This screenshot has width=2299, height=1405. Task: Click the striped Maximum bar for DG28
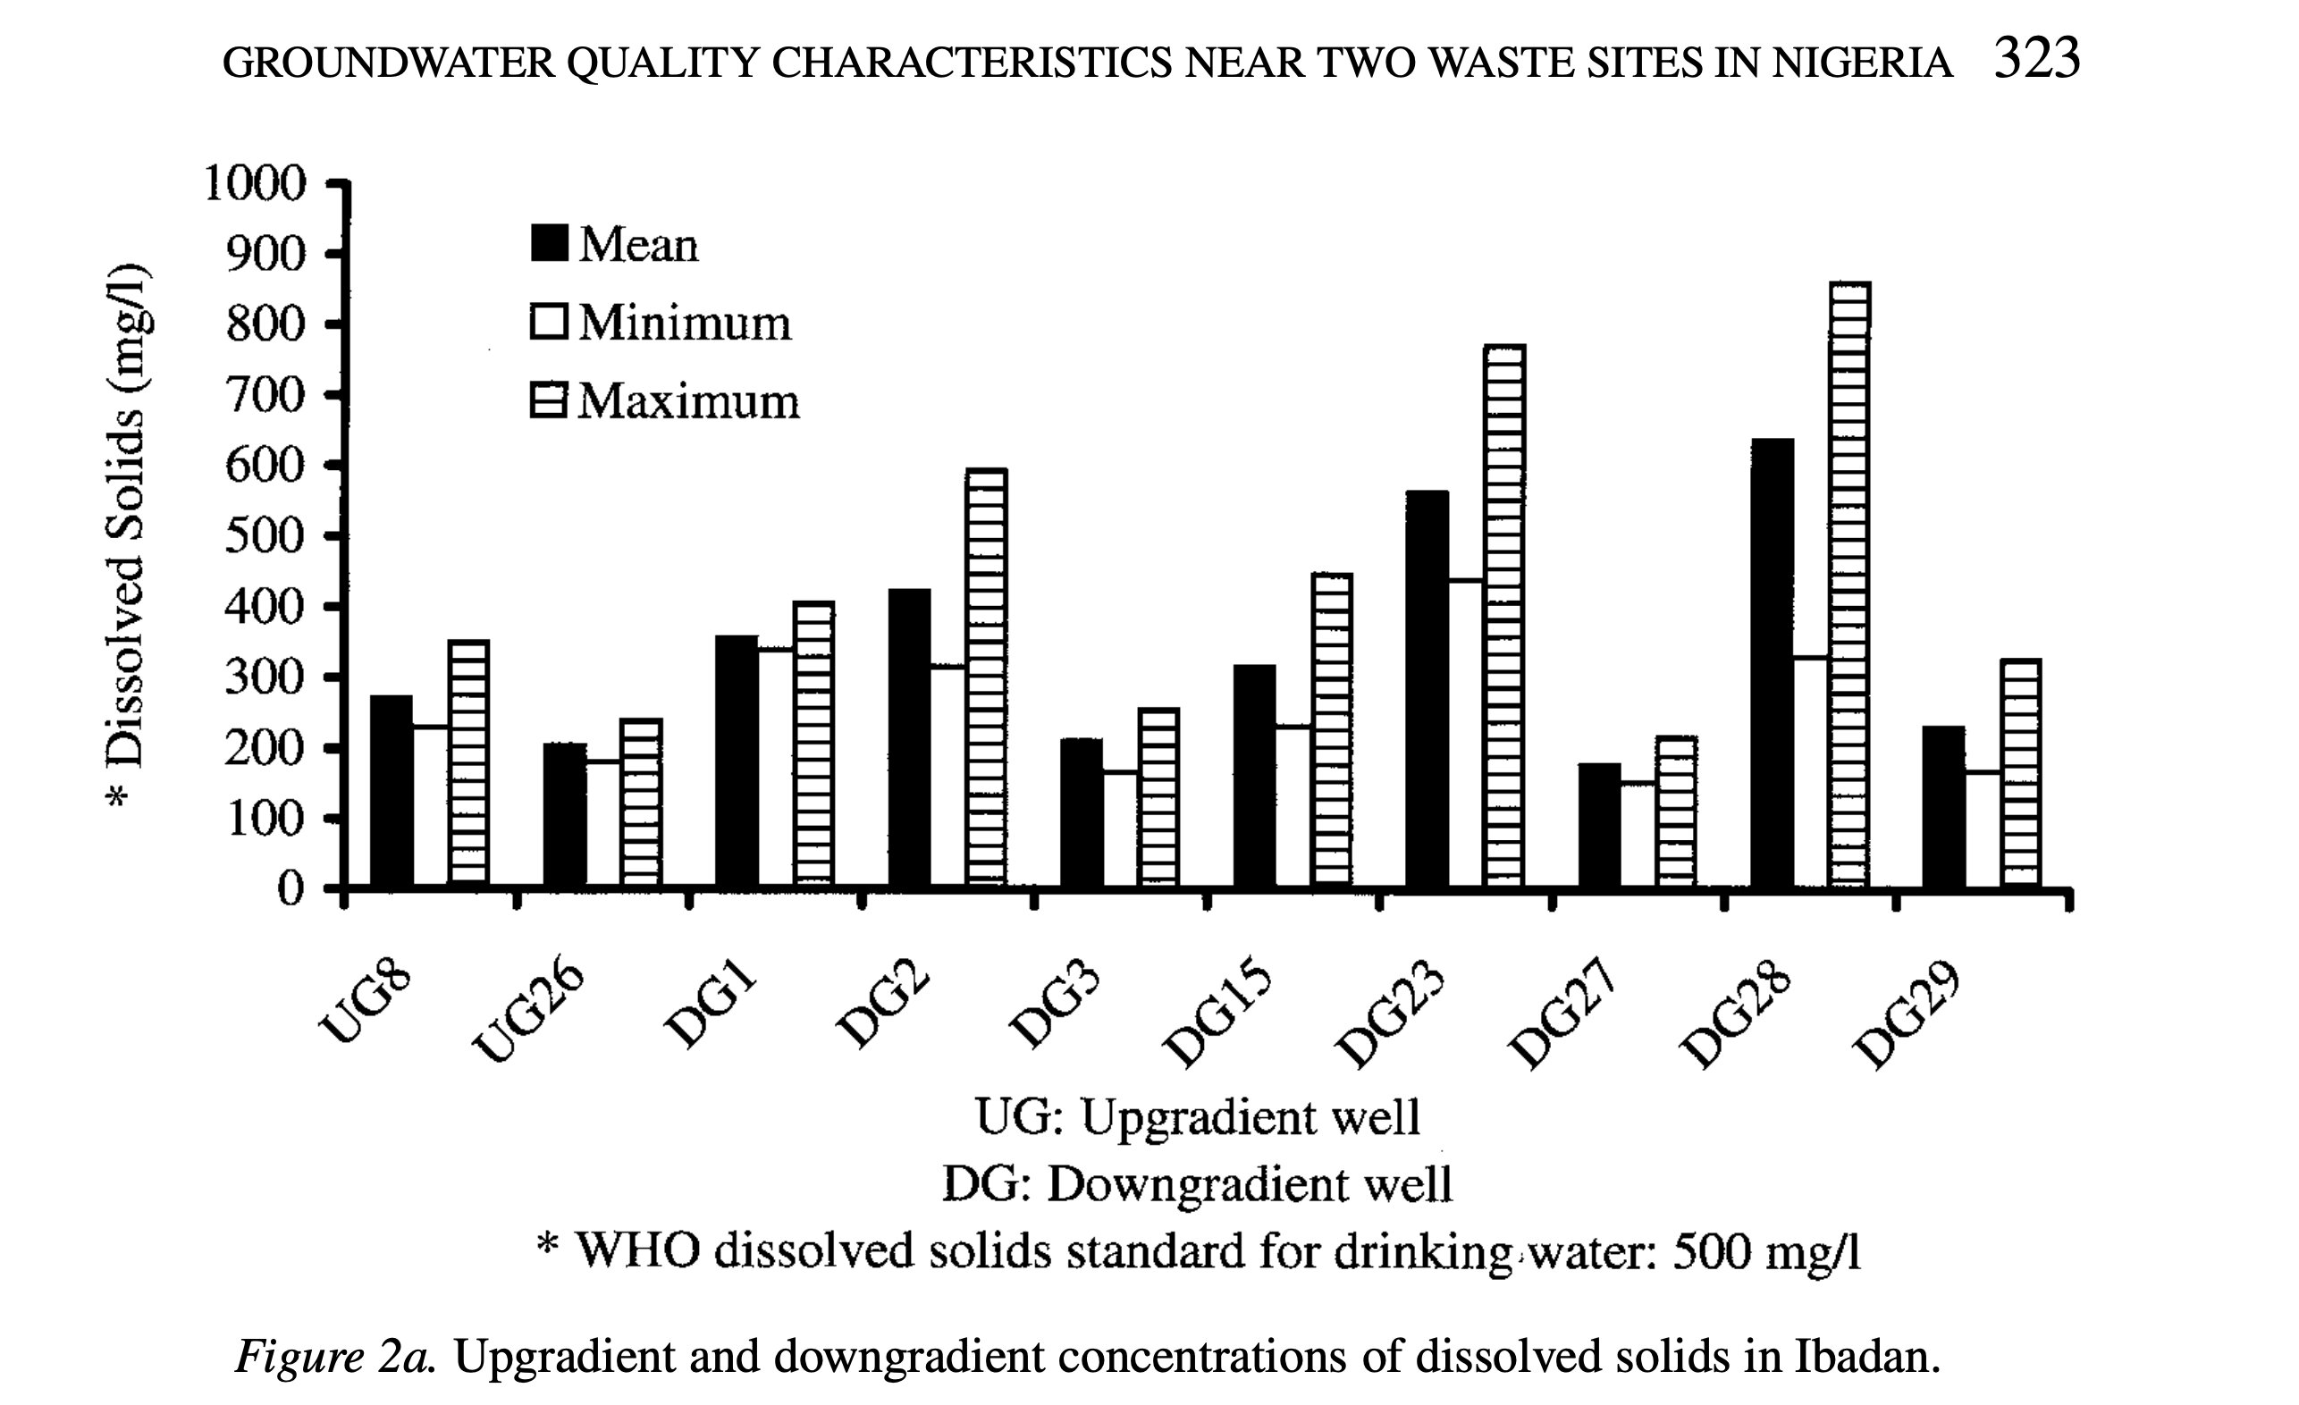coord(1849,583)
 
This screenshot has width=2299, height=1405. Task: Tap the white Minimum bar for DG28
coord(1810,770)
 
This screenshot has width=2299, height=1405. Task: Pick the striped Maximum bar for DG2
coord(986,677)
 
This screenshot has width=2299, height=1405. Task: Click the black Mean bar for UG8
coord(392,791)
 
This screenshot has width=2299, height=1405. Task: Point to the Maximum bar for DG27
coord(1677,811)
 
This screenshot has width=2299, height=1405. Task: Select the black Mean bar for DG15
coord(1255,775)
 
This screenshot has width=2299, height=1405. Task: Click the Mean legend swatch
coord(549,242)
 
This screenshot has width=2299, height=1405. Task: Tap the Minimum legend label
coord(685,324)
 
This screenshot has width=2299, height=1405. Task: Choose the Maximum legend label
coord(688,402)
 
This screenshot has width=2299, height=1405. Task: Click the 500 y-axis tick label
coord(265,536)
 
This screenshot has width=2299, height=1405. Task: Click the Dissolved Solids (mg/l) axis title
coord(126,536)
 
